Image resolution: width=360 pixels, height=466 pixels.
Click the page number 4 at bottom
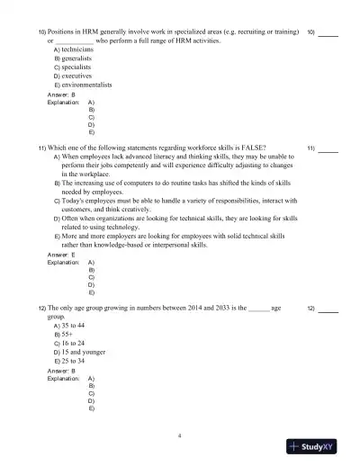coord(180,435)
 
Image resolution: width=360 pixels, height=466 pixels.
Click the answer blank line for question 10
coord(328,33)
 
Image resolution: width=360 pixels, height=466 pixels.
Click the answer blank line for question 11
coord(328,148)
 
